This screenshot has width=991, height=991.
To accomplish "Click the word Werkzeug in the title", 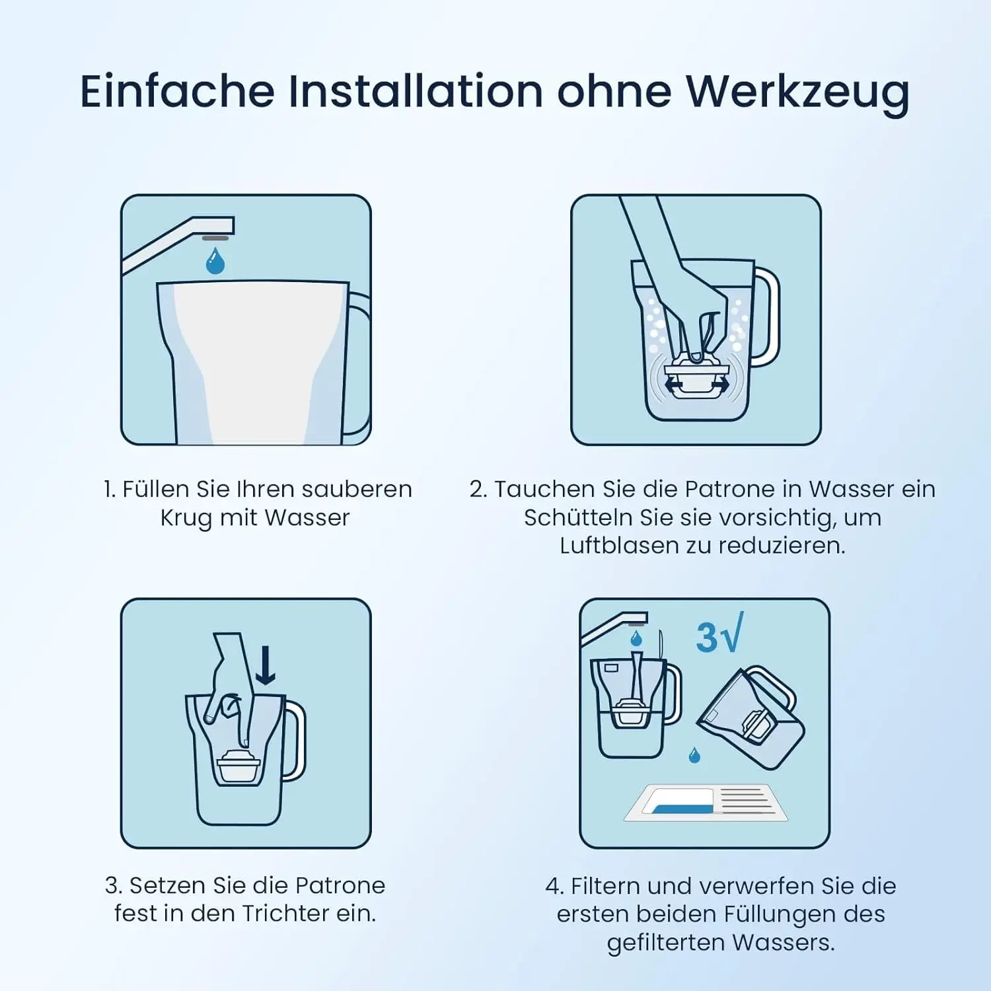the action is [797, 92].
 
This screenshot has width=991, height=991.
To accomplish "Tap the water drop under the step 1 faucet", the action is [215, 261].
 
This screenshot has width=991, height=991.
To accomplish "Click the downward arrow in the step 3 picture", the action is [266, 665].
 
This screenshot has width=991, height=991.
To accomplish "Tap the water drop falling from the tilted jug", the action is [694, 755].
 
